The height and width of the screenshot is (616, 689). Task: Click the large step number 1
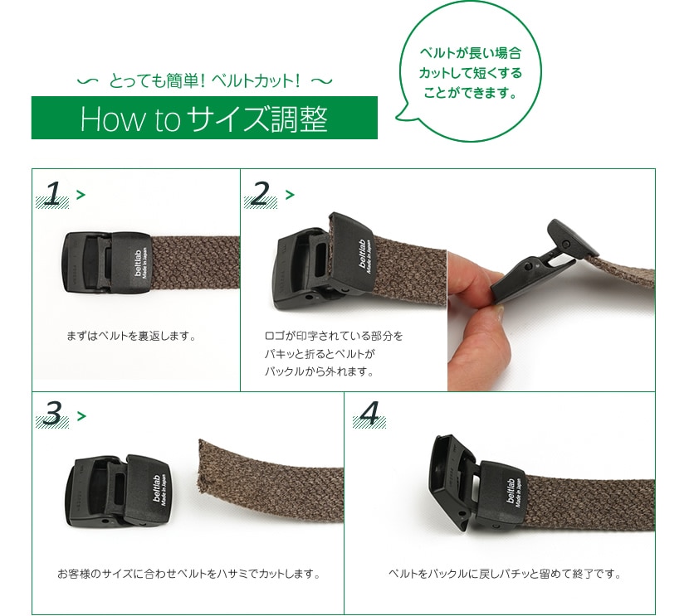point(53,193)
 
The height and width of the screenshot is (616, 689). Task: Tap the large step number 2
point(260,193)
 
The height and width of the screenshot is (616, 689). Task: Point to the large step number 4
point(369,414)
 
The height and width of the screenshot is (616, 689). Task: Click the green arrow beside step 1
point(81,194)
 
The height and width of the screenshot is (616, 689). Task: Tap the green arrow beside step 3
point(81,415)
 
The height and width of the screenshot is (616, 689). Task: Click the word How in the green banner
point(111,119)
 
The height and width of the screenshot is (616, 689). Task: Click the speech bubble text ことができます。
point(470,93)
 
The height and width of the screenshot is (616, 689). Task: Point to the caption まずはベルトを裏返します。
point(131,336)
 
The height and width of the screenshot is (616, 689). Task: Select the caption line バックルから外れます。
point(320,371)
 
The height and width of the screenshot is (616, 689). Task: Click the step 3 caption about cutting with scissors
point(189,574)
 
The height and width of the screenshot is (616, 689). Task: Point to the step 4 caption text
point(505,574)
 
